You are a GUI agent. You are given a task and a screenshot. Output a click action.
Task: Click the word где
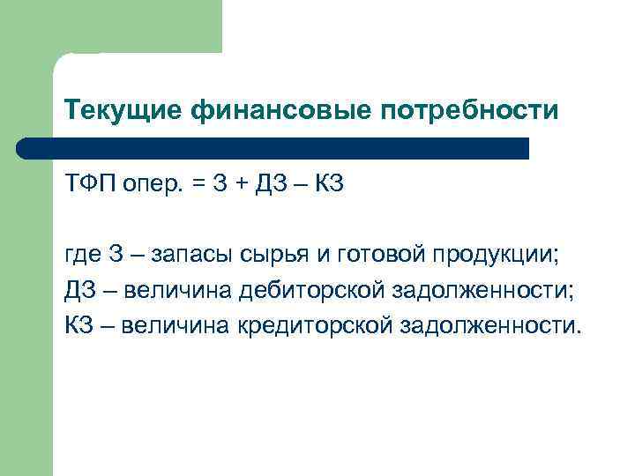coord(84,256)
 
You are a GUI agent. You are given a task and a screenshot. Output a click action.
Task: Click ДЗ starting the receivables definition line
coord(79,291)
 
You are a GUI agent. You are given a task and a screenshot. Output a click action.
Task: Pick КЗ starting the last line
coord(79,325)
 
